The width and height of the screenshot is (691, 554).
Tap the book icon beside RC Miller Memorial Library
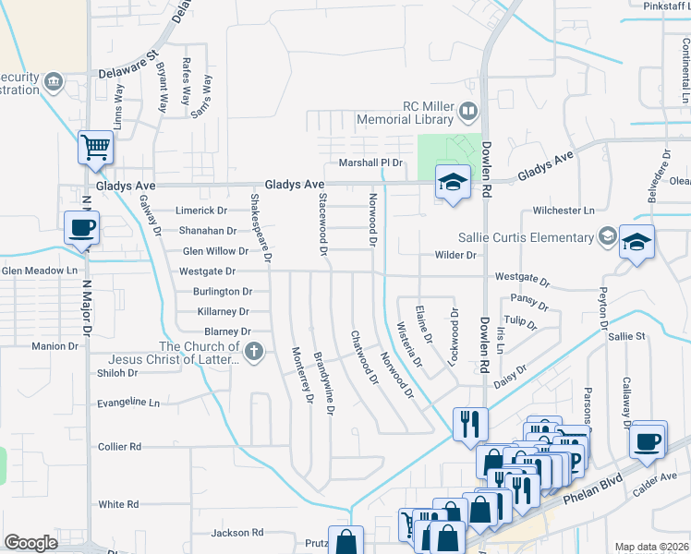click(468, 113)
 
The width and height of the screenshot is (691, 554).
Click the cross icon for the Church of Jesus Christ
click(254, 351)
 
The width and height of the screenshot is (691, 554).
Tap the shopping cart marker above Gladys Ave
click(96, 149)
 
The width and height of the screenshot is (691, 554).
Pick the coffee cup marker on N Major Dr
click(82, 227)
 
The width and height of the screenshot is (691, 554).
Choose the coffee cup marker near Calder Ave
click(648, 440)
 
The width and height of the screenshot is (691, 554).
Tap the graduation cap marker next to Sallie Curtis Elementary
click(636, 243)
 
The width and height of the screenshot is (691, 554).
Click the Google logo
click(30, 543)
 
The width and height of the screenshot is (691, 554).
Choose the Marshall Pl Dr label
click(371, 163)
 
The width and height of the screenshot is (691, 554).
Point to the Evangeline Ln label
click(128, 403)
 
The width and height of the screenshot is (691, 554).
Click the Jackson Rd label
click(236, 533)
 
